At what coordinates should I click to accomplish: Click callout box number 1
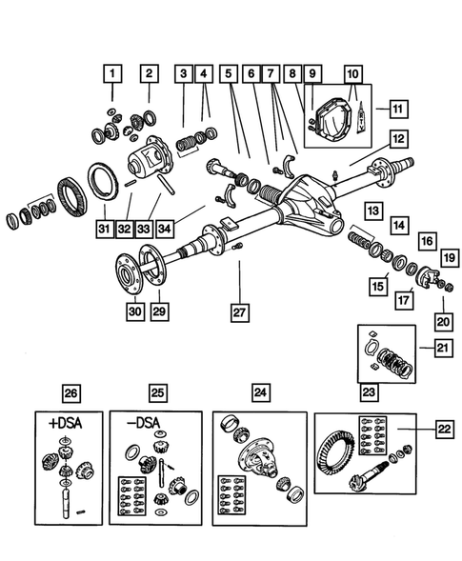point(112,71)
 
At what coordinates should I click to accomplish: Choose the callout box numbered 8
point(293,71)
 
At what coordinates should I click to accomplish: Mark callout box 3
point(182,71)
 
